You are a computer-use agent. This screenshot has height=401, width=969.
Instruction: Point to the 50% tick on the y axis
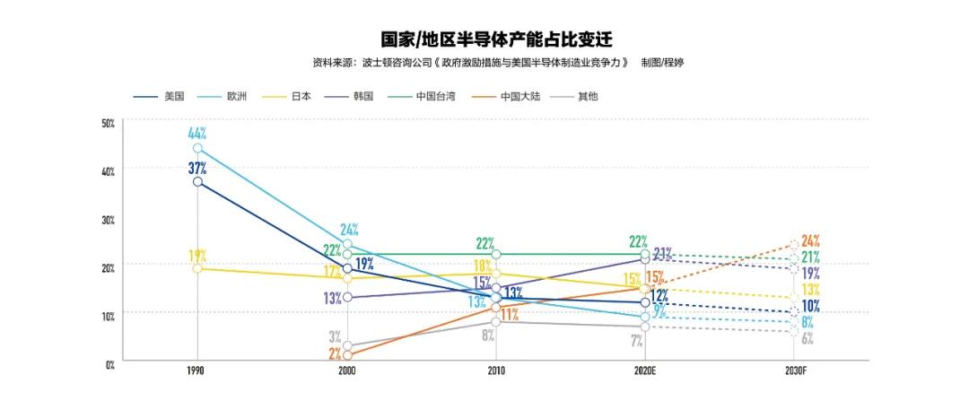(108, 122)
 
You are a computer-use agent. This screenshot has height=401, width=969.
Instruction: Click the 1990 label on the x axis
(197, 369)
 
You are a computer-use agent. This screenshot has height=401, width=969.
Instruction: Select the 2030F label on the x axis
(794, 369)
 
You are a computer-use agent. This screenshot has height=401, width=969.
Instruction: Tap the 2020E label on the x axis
(645, 369)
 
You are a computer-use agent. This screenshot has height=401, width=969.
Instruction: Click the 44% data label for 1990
(197, 133)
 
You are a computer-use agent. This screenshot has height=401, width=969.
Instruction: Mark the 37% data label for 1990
(197, 167)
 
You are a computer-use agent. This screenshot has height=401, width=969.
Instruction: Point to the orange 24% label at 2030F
(811, 240)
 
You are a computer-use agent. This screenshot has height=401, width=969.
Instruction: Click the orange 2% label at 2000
(334, 355)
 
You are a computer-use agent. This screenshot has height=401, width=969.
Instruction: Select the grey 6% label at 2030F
(807, 338)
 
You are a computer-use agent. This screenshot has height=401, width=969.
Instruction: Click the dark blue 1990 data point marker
(197, 182)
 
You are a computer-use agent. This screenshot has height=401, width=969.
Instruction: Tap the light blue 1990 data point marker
(197, 148)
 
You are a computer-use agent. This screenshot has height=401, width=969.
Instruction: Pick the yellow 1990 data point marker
(197, 268)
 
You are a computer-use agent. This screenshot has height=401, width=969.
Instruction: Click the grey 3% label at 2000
(334, 337)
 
